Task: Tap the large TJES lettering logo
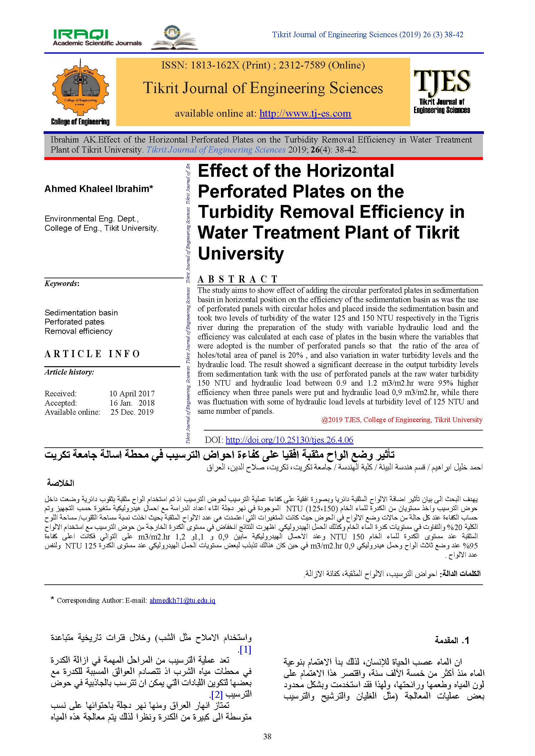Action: [442, 81]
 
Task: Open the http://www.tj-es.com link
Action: [305, 113]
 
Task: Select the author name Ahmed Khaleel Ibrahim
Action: [99, 189]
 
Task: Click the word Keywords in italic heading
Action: [61, 283]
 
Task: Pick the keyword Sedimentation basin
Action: [81, 313]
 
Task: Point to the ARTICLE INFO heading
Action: [92, 354]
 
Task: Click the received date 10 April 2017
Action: [132, 393]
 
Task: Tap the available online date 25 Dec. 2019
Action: [132, 412]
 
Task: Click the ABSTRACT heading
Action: [237, 279]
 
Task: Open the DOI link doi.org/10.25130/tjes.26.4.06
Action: [289, 440]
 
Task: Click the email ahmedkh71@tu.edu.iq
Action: [182, 600]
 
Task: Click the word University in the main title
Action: [241, 254]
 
